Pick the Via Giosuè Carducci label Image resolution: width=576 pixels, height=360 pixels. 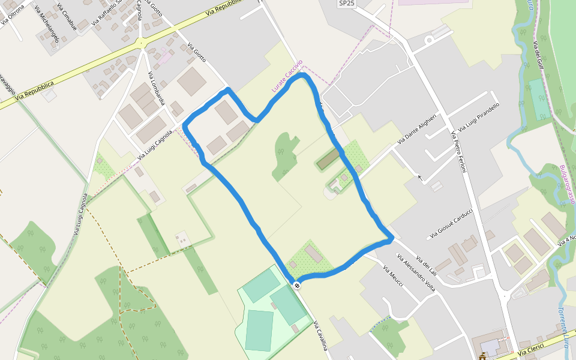451,223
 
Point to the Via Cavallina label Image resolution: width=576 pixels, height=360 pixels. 320,336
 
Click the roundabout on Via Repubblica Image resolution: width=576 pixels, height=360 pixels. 142,42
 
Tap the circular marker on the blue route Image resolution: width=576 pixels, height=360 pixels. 296,285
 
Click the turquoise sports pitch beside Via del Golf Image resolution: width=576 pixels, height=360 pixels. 540,100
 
